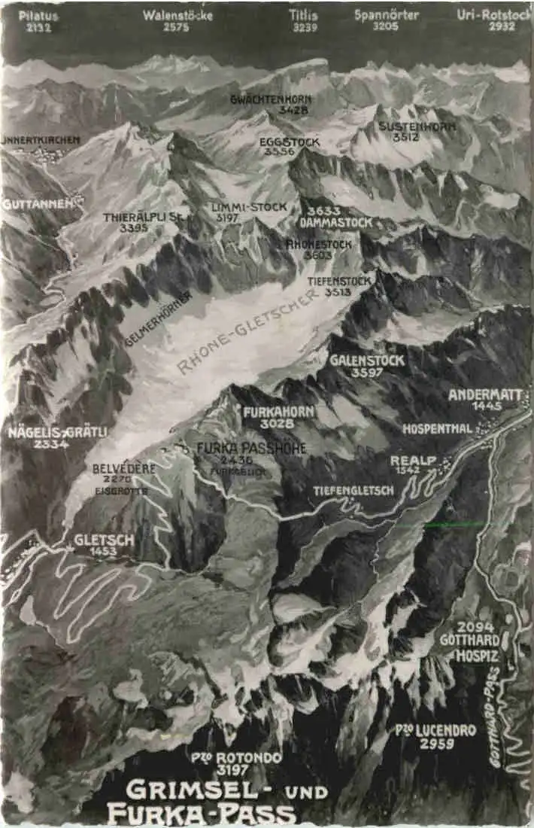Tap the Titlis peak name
303,15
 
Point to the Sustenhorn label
417,126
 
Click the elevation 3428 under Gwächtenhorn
272,111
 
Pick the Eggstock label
290,142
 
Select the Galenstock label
367,361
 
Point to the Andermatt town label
484,394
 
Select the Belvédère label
124,467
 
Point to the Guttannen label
31,203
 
